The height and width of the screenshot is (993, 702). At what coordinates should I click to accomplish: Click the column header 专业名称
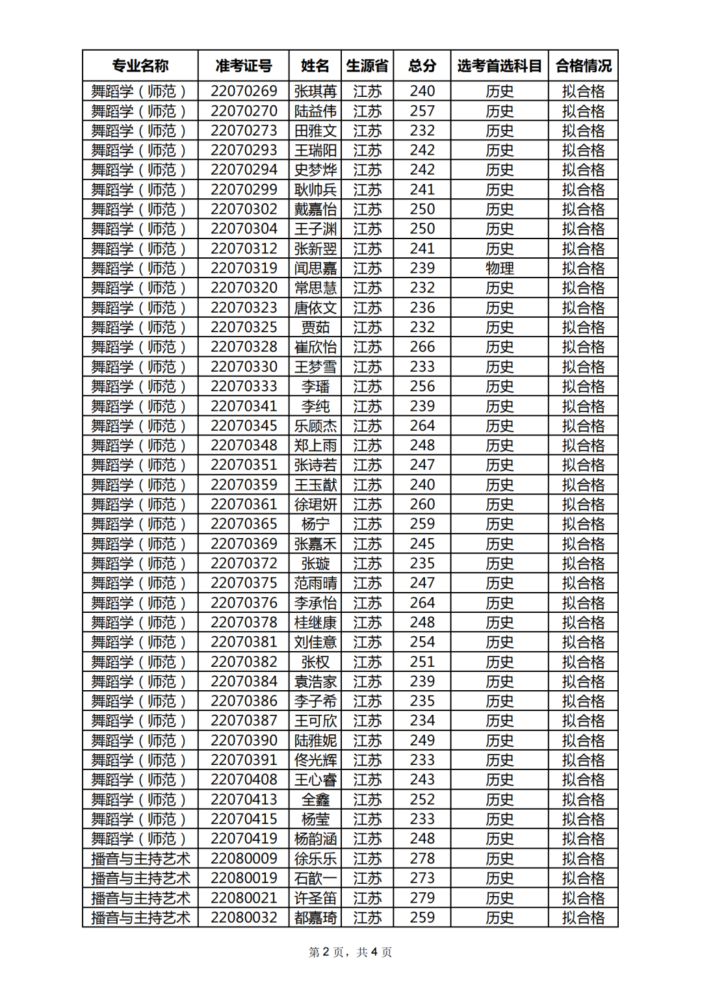(140, 66)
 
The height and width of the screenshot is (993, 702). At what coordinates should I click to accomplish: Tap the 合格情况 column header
(583, 66)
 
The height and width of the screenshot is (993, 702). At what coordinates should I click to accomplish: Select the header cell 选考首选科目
(499, 66)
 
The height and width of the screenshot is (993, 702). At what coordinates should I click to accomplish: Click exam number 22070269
(244, 91)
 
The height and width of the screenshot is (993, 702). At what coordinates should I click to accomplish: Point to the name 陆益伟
(315, 111)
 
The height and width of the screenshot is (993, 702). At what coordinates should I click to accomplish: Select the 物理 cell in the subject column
(499, 268)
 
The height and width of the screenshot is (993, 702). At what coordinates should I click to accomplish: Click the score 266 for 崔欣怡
(422, 347)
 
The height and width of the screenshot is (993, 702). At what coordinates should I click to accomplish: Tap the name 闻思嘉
(315, 268)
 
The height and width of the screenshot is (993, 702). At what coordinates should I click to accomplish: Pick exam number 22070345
(244, 426)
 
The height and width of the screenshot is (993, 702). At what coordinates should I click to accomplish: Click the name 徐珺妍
(315, 504)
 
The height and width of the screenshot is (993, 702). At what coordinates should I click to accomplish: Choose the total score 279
(422, 898)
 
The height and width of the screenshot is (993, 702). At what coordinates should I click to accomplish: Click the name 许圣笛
(315, 898)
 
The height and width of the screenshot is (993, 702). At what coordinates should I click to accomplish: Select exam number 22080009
(244, 858)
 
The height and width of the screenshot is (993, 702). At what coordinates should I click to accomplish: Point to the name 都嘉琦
(315, 918)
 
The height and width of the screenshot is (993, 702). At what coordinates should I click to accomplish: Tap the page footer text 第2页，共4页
(350, 952)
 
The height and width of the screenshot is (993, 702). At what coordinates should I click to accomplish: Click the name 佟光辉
(315, 760)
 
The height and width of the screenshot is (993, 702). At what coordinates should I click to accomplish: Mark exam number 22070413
(244, 799)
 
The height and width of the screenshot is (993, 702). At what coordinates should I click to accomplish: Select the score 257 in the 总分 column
(422, 111)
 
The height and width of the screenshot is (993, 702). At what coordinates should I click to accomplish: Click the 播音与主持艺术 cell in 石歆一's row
(140, 879)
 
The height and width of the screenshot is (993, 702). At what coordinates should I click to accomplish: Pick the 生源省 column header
(367, 66)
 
